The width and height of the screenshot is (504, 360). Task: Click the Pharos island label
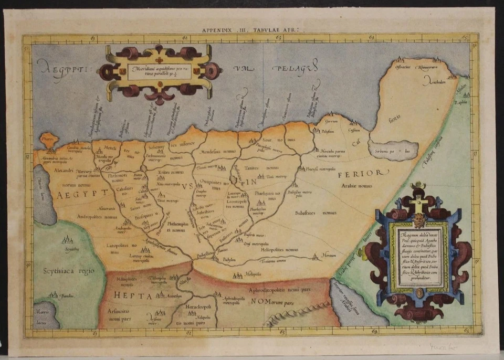click(x=48, y=140)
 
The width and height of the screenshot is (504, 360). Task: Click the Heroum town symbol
click(x=316, y=256)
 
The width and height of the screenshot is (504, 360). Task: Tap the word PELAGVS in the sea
click(x=295, y=68)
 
